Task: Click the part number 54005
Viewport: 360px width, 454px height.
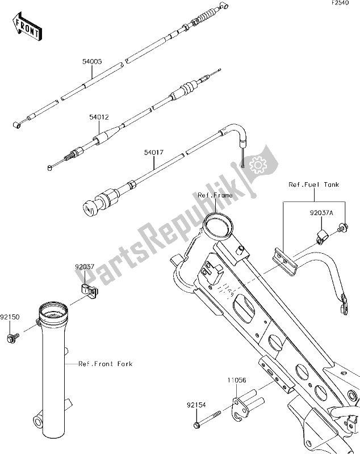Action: [92, 62]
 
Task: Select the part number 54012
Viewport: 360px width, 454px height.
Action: [99, 117]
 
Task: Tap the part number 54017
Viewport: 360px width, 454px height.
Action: [154, 152]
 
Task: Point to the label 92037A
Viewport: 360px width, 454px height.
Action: [321, 213]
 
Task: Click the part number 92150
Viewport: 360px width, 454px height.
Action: [10, 317]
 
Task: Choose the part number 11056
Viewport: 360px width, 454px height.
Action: [237, 380]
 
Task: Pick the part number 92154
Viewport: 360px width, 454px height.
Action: [196, 405]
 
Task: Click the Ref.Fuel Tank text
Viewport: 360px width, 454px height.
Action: [313, 184]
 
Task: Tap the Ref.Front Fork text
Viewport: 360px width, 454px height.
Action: [106, 364]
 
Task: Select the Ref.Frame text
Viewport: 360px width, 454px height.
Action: [215, 195]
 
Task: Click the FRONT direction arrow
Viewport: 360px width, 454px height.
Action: [27, 26]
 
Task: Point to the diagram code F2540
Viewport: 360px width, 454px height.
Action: [340, 3]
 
